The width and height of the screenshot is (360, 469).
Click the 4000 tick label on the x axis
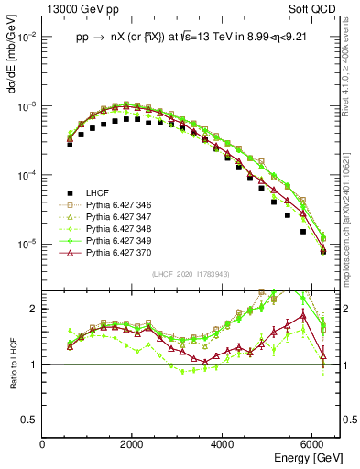click(x=223, y=444)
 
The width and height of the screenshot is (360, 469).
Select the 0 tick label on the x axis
click(x=43, y=444)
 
